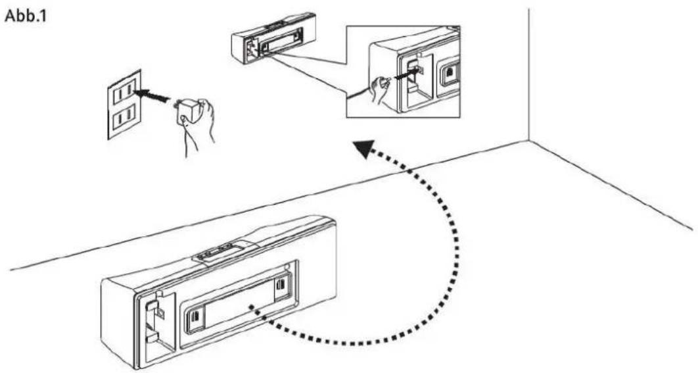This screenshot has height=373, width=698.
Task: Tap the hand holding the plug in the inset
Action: (380, 89)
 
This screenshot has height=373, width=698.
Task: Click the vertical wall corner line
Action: (528, 72)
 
